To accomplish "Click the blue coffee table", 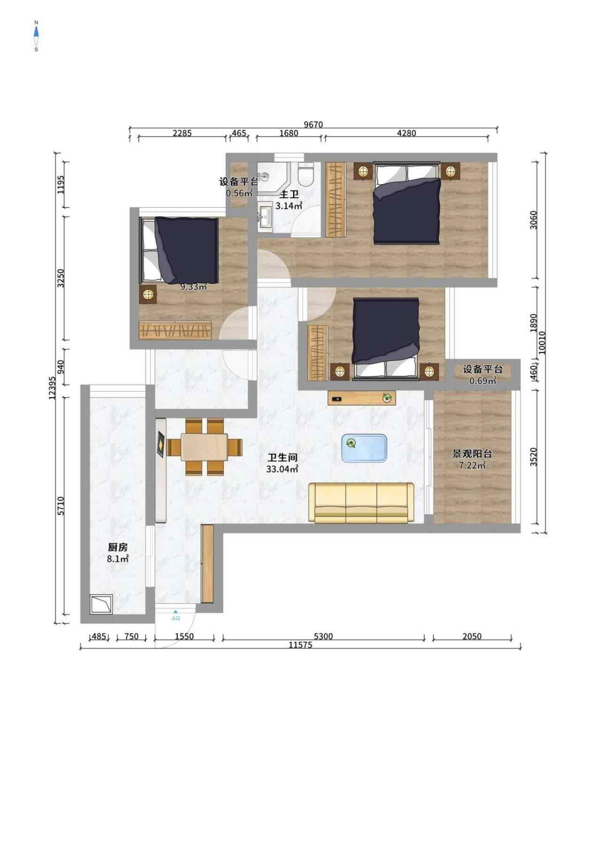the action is (364, 448).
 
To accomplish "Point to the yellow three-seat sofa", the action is (361, 503).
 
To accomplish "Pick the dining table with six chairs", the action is (205, 447).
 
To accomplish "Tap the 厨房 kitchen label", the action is (118, 547).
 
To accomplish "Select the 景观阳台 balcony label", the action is (472, 454).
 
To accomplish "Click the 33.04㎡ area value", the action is (283, 468).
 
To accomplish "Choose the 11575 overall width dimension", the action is (300, 645).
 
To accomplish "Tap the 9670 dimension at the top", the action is (314, 124).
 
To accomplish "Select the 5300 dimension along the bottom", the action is (323, 637).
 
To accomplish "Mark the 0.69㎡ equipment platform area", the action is (483, 381).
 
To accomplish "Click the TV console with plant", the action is (362, 398).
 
